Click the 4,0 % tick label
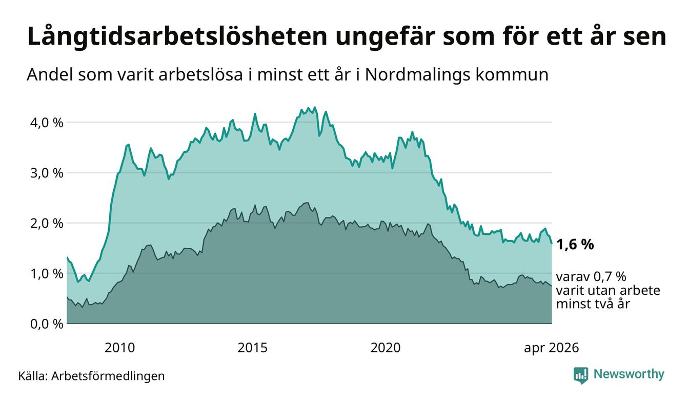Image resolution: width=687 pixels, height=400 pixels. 47,123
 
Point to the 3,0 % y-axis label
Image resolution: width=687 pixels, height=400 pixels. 47,173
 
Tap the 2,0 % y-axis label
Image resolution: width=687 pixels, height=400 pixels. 47,224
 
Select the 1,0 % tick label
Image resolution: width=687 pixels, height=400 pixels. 47,274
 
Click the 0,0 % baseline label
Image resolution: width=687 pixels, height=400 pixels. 47,324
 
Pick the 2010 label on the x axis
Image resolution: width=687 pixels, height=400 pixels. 119,348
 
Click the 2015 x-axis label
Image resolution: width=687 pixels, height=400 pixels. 252,348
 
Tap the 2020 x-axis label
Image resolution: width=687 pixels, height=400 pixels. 386,348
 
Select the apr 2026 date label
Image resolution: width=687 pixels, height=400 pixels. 552,348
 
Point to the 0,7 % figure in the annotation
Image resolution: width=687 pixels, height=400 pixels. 610,277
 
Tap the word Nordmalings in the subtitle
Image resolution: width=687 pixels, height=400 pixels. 417,75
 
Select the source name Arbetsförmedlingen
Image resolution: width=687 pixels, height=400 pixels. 108,376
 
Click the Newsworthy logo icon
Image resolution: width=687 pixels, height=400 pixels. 581,375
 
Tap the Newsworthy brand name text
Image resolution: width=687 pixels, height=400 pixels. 629,374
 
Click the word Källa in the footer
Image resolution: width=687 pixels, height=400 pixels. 33,376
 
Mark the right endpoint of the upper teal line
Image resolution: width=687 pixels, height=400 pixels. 552,244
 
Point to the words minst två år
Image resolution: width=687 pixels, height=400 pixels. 593,304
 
